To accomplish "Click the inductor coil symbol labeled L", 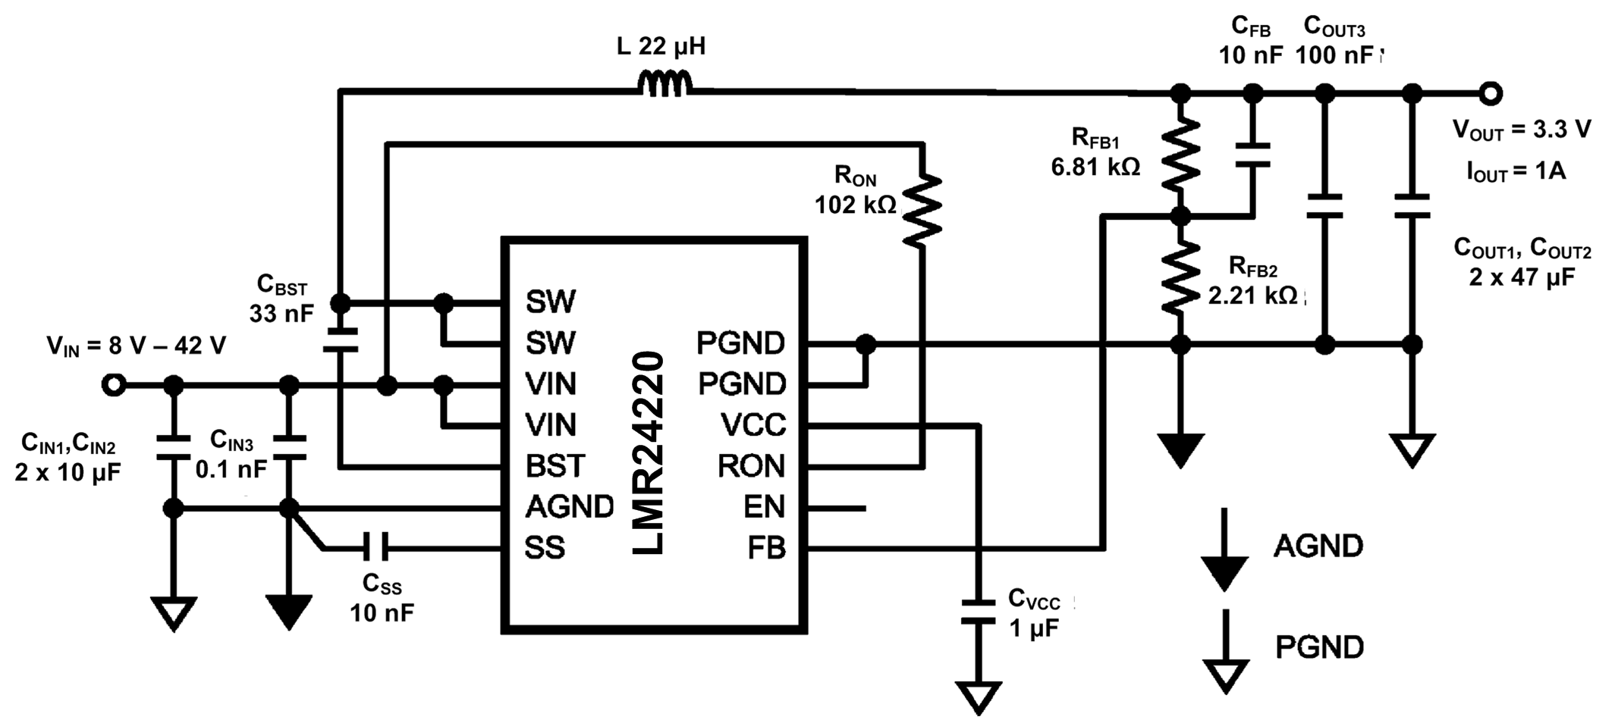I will pos(665,84).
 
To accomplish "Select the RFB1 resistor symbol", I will pos(1180,155).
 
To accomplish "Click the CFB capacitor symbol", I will pos(1252,155).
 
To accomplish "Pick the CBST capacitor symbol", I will pos(341,340).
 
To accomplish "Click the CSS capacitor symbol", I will pos(375,546).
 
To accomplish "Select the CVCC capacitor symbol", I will pos(978,612).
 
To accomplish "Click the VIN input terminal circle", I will pos(114,385).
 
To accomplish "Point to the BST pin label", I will pos(555,465).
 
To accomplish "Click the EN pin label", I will pos(764,506).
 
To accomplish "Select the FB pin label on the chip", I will pos(766,547).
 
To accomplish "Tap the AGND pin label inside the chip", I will pos(569,506).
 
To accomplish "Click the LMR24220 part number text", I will pos(649,453).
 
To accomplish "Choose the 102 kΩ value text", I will pos(855,205).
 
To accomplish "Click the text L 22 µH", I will pos(661,47).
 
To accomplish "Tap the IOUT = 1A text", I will pos(1516,171).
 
